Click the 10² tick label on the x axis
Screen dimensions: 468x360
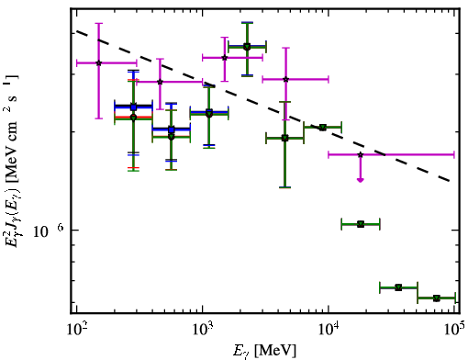coord(76,329)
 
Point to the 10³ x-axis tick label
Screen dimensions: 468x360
coord(203,329)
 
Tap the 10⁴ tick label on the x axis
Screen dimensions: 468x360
coord(329,329)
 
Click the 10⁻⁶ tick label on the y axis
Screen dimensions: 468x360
coord(49,231)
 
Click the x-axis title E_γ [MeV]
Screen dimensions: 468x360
coord(264,351)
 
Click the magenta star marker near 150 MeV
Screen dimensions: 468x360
coord(98,63)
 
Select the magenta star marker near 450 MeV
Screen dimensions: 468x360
coord(160,82)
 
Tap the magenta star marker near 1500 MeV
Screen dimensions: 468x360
coord(225,58)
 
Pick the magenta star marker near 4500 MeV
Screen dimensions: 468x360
coord(285,79)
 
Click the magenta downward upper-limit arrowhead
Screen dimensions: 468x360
coord(361,180)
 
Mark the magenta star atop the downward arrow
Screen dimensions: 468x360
coord(361,155)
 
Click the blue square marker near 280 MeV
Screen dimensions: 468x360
coord(133,107)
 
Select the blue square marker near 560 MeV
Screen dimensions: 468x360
coord(172,129)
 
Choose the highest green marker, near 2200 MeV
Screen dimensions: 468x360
coord(247,47)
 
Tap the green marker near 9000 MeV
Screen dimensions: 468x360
coord(322,128)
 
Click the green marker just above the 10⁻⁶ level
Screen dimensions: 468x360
coord(361,224)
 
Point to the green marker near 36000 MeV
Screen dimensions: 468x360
coord(398,287)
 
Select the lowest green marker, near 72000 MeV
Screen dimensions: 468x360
coord(437,298)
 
